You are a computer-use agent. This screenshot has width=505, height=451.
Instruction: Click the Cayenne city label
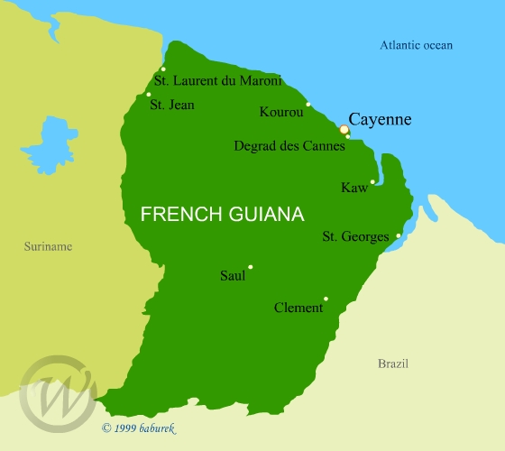click(380, 119)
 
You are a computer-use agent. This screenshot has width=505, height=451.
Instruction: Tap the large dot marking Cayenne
click(344, 130)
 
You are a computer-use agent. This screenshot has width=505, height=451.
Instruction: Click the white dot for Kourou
click(308, 105)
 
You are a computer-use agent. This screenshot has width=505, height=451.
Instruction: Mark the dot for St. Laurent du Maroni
click(163, 69)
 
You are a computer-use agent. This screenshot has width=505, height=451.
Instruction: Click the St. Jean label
click(171, 105)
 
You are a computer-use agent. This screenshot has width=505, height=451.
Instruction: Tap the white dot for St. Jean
click(149, 95)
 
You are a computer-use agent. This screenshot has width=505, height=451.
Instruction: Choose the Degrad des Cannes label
click(289, 145)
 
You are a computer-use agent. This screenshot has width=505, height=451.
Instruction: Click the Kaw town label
click(353, 188)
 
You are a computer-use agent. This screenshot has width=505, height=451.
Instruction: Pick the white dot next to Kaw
click(372, 181)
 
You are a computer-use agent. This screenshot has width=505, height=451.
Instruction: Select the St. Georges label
click(355, 237)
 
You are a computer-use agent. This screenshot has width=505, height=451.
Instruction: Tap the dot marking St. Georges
click(399, 235)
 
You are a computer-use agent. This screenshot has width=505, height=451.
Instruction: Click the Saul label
click(233, 276)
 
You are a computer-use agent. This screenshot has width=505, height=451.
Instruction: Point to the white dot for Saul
click(250, 267)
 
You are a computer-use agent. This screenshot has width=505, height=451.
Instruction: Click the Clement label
click(298, 308)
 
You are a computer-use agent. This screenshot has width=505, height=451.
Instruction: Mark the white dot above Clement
click(326, 299)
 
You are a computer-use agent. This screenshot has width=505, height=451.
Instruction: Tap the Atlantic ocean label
click(416, 45)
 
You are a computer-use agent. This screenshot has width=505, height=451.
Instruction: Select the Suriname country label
click(49, 246)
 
